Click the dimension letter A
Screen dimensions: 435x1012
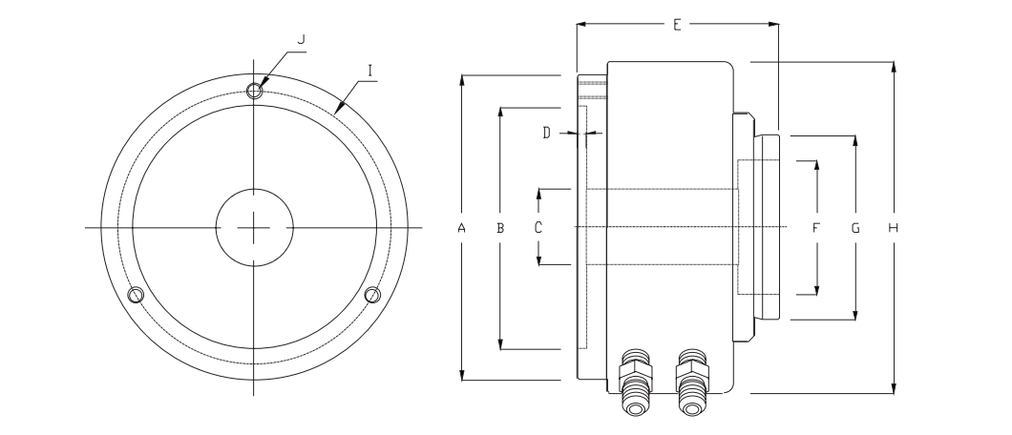[461, 228]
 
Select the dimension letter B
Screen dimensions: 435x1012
[499, 228]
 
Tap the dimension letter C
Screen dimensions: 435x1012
[538, 228]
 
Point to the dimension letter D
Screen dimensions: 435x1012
[547, 134]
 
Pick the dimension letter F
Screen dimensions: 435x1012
[816, 228]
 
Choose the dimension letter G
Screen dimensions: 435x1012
[855, 228]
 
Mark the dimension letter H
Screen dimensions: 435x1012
[894, 228]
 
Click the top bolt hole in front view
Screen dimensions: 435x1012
[254, 91]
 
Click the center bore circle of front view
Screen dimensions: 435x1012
[254, 228]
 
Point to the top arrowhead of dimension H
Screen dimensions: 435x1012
[894, 69]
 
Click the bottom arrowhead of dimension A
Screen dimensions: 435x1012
[461, 374]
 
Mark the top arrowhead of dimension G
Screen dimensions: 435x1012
[855, 142]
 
